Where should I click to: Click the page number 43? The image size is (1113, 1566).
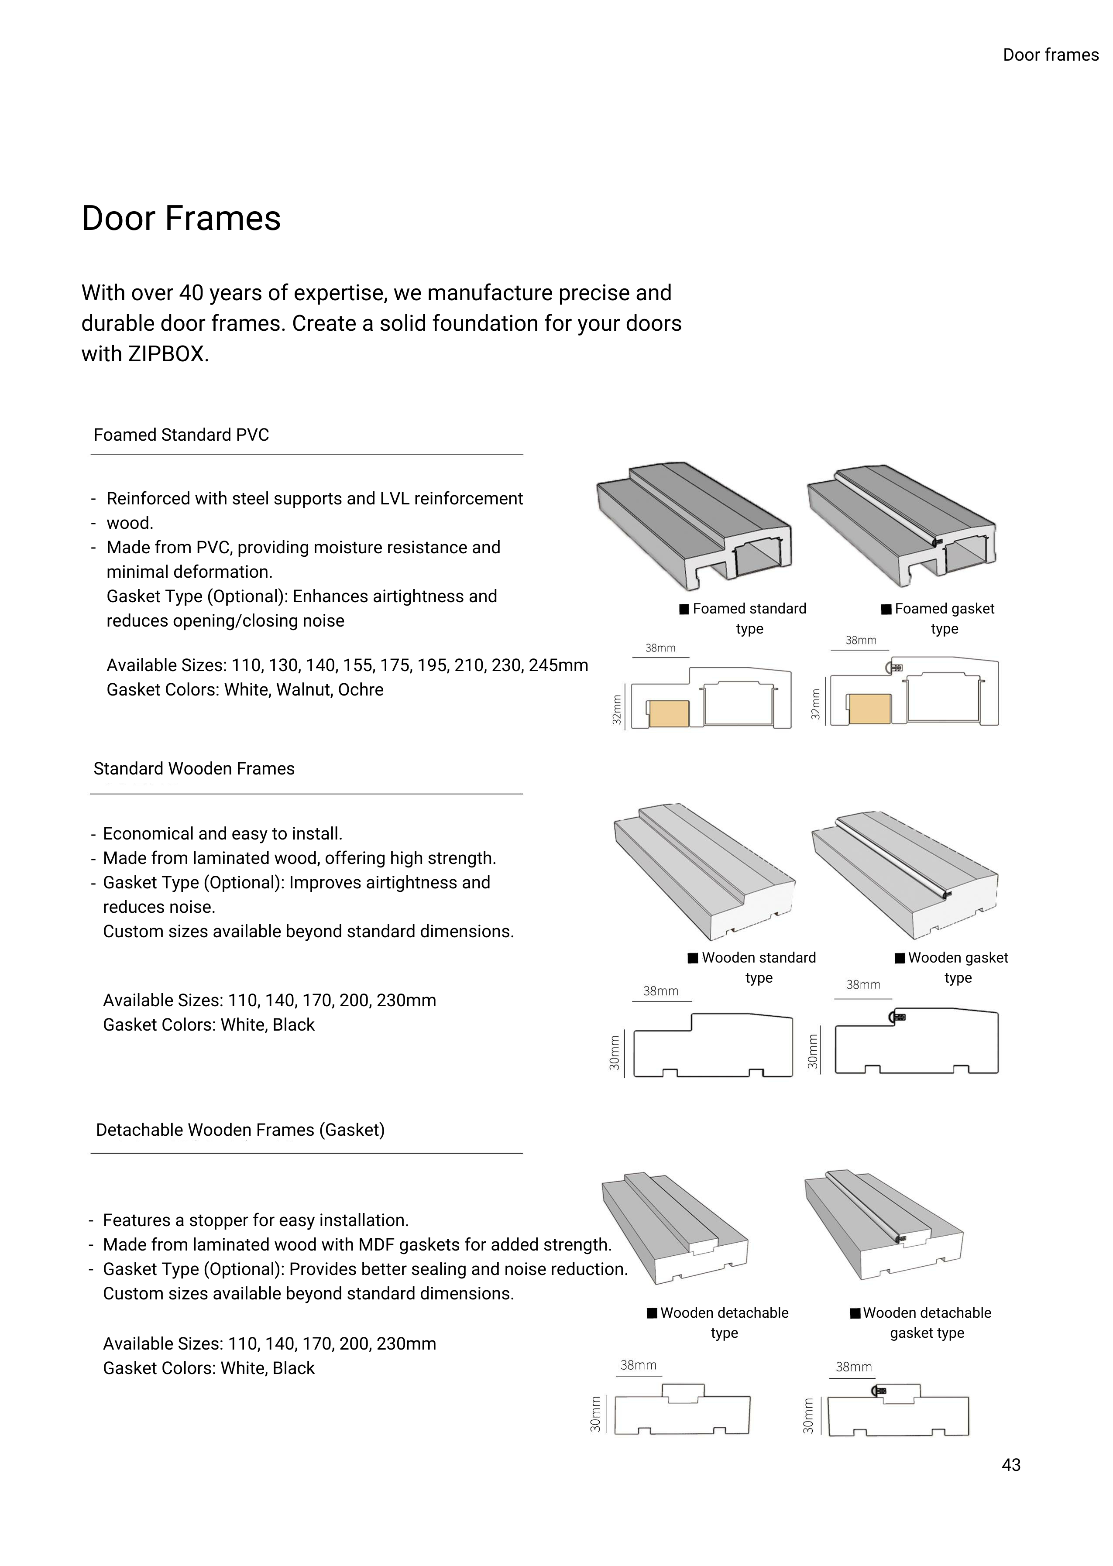[1011, 1465]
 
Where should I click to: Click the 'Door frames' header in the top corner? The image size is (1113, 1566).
[1050, 55]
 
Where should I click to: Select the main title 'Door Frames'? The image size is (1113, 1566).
[181, 219]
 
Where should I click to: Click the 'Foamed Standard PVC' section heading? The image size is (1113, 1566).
[181, 435]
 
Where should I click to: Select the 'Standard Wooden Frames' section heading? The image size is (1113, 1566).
[194, 769]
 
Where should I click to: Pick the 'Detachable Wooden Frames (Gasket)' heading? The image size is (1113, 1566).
[240, 1130]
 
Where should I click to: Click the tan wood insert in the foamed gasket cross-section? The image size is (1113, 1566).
[869, 709]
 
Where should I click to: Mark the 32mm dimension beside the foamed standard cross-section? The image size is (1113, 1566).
[616, 709]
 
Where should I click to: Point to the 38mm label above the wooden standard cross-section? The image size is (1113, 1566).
[660, 990]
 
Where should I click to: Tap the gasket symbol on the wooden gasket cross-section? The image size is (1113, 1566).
[897, 1017]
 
